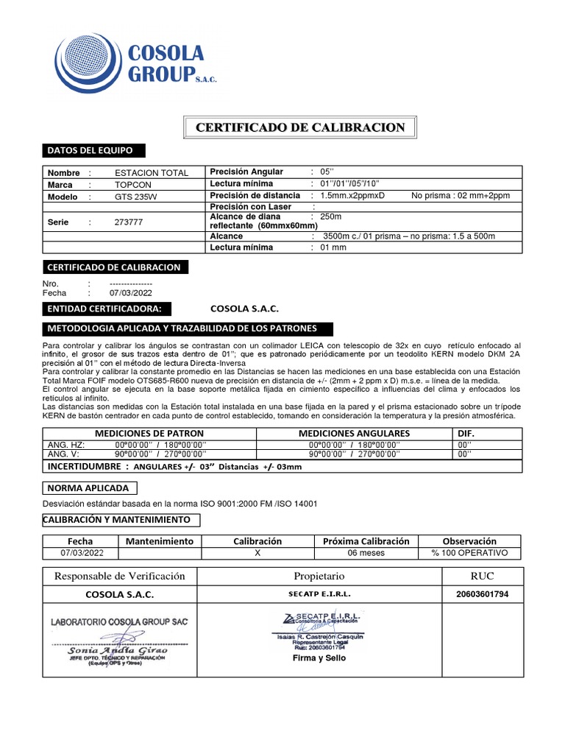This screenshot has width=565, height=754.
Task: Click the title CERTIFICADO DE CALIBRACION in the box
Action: pyautogui.click(x=300, y=128)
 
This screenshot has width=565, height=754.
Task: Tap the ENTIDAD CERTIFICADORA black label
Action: pyautogui.click(x=109, y=308)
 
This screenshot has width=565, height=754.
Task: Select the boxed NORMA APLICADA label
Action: pyautogui.click(x=89, y=488)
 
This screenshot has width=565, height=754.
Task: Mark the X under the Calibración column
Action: pyautogui.click(x=257, y=553)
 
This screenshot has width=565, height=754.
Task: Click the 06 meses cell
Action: pyautogui.click(x=366, y=553)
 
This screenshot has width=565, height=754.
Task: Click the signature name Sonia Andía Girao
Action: pyautogui.click(x=118, y=650)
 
